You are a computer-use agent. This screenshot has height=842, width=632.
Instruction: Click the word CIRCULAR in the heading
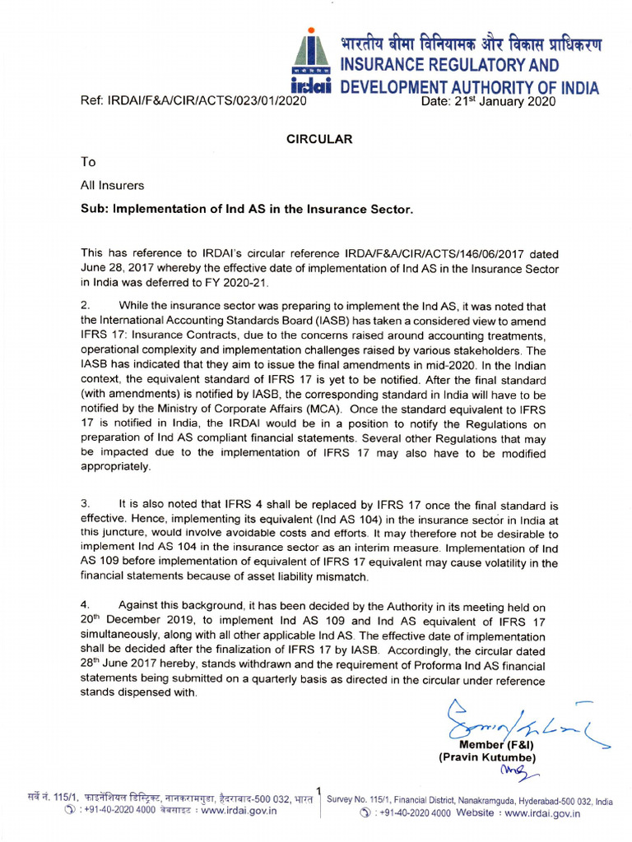[x=319, y=139]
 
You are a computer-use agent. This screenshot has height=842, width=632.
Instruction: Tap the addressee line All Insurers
[x=112, y=186]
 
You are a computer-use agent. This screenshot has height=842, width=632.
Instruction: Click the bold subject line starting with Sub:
[x=246, y=209]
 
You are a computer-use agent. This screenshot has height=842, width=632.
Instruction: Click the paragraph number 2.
[x=84, y=306]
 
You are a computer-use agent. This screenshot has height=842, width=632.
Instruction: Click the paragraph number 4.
[x=84, y=604]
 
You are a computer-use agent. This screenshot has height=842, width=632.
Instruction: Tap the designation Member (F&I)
[x=491, y=744]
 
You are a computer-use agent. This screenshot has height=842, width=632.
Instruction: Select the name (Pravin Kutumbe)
[x=487, y=757]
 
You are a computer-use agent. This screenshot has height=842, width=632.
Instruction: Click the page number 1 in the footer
[x=319, y=790]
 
